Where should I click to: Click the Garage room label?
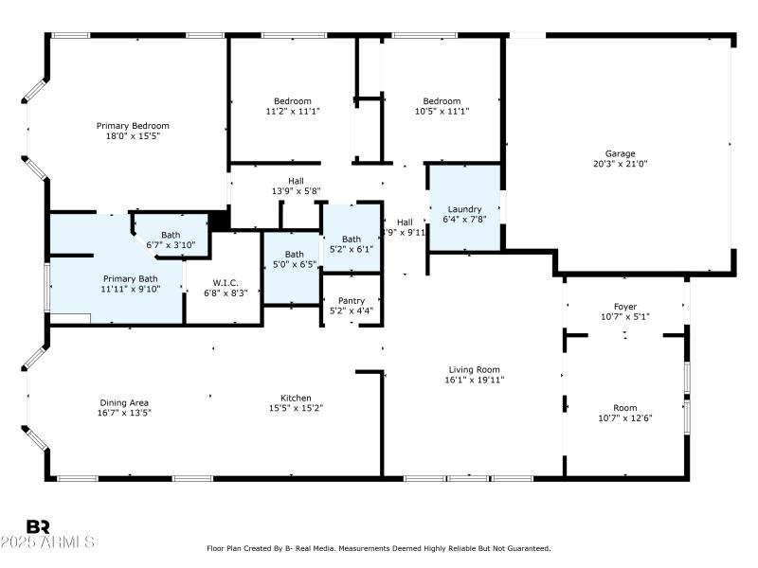(621, 153)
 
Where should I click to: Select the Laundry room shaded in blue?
(464, 209)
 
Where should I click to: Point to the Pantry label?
(351, 300)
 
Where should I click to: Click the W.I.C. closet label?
(226, 283)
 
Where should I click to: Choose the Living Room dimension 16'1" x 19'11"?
(475, 380)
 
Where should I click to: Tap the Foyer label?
(624, 307)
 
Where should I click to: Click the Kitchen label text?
(296, 399)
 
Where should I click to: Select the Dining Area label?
(124, 403)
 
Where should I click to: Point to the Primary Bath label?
(131, 278)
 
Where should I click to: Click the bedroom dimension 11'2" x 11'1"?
(293, 111)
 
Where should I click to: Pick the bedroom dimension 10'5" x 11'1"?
(442, 111)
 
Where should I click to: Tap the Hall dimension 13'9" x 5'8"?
(297, 190)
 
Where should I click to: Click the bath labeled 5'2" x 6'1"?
(352, 244)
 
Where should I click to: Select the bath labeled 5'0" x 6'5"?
(295, 259)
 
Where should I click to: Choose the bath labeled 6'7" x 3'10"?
(171, 240)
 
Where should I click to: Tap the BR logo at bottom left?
(38, 526)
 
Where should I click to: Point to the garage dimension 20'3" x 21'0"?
(621, 163)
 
